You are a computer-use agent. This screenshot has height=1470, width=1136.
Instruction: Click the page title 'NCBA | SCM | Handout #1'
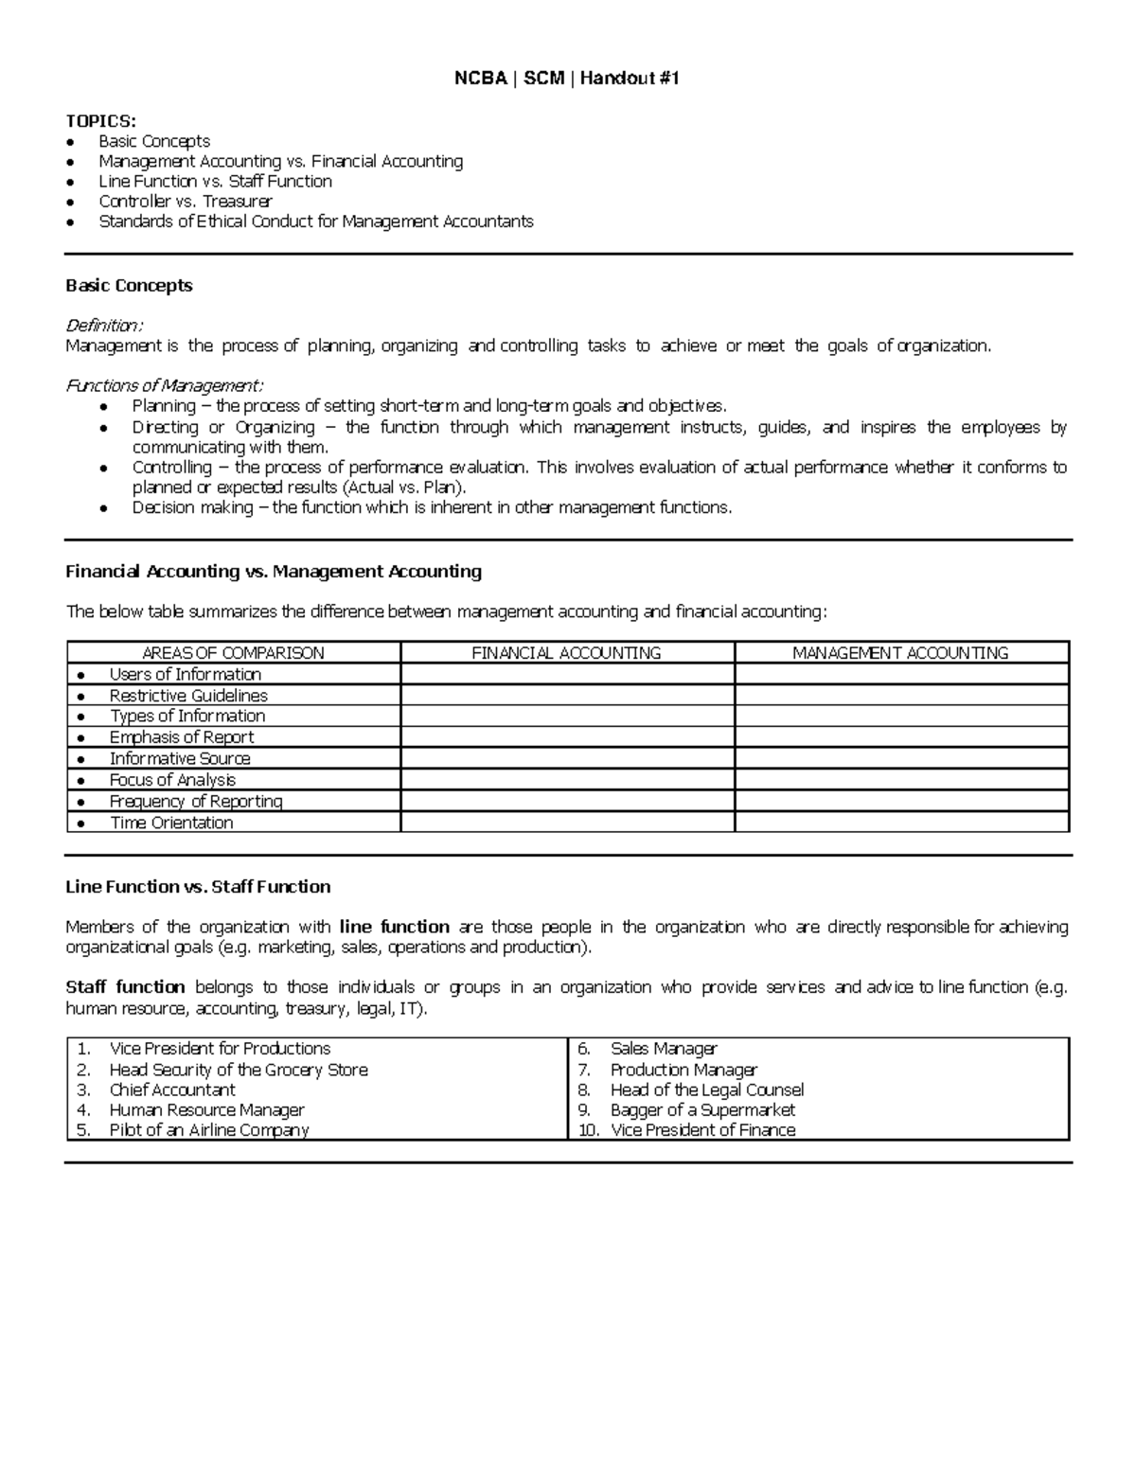567,79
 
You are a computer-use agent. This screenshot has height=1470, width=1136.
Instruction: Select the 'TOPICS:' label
100,120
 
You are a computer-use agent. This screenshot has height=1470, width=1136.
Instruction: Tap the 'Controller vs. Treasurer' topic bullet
185,202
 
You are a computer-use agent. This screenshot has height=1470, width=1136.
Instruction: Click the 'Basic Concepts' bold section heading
129,286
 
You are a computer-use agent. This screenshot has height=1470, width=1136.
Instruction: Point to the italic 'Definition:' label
104,326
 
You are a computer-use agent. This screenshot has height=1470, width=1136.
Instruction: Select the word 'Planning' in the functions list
164,406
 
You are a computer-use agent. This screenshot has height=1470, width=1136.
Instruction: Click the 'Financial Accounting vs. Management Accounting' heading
274,572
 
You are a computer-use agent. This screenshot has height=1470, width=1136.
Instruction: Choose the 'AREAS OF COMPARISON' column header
233,653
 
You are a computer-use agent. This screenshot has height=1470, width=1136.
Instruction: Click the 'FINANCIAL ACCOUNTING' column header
566,653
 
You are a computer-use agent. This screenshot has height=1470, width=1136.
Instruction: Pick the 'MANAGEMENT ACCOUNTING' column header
900,653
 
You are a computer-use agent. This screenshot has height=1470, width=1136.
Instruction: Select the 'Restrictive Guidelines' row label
188,696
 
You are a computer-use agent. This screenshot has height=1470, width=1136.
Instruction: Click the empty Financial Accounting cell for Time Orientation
566,823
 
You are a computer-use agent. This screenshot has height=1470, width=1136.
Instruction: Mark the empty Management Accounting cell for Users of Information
900,674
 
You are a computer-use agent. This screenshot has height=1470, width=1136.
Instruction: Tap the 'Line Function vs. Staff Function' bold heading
198,887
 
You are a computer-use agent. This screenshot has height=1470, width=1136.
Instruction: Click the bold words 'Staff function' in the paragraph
125,987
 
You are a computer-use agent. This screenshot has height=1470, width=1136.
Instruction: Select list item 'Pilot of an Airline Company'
209,1130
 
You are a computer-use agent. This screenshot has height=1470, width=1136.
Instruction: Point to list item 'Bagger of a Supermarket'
702,1109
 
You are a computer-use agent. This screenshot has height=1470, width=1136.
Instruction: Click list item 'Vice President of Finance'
702,1130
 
